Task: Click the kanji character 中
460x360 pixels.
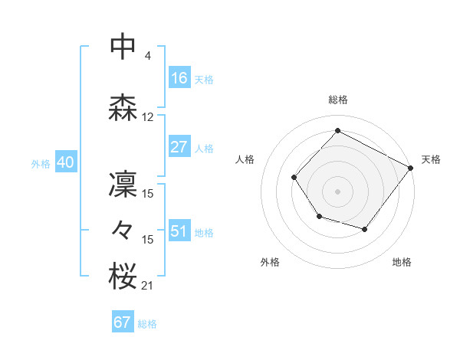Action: click(x=123, y=47)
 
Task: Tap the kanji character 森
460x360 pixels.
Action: click(x=123, y=110)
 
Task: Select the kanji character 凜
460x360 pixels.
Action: click(x=123, y=185)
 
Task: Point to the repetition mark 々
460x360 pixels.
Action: click(x=123, y=229)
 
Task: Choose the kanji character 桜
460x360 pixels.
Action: click(x=123, y=277)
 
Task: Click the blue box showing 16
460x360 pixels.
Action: click(x=179, y=77)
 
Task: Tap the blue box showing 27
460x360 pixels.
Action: click(x=179, y=147)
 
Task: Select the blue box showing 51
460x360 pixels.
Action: click(x=179, y=231)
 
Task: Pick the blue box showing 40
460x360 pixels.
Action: click(x=66, y=162)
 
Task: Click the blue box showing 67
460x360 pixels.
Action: click(x=123, y=322)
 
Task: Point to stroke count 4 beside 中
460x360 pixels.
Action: click(x=147, y=56)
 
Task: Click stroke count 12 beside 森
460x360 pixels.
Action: click(x=148, y=117)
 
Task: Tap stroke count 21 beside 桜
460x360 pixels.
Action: click(x=147, y=286)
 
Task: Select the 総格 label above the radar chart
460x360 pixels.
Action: click(x=338, y=100)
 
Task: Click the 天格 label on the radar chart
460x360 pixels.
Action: click(x=431, y=159)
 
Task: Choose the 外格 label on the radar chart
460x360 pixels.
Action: click(x=270, y=262)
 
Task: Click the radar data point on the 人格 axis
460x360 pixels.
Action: click(x=294, y=178)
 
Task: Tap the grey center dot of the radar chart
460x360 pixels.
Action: click(x=337, y=191)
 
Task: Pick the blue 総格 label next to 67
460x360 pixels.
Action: click(x=147, y=324)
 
